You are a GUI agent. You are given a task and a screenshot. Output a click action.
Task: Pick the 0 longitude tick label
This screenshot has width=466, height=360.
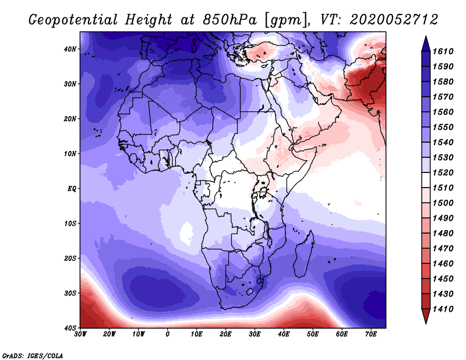pos(168,334)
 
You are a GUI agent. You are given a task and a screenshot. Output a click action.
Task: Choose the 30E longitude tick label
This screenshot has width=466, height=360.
pos(255,334)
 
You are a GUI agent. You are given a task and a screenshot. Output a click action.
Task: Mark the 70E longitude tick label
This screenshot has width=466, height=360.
pos(370,334)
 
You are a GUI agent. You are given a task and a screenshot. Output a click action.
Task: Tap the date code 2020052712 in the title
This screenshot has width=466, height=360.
pos(394,20)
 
